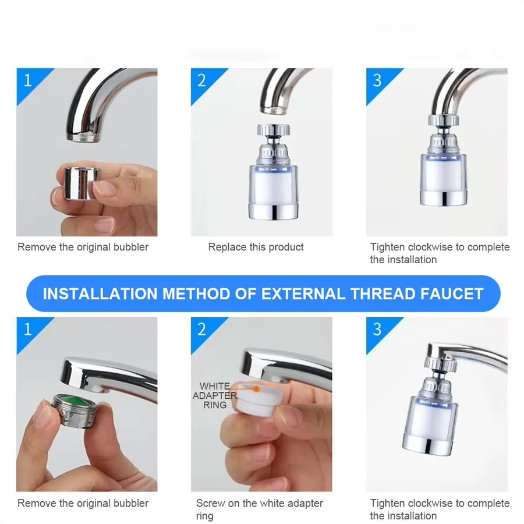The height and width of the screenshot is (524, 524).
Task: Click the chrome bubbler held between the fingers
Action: [81, 183]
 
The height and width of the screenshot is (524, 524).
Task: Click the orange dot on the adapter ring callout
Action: [256, 389]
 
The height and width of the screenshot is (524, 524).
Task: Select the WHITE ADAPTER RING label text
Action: [215, 396]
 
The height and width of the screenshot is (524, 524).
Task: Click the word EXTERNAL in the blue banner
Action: [303, 294]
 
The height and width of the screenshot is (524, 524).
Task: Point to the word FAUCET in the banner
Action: [452, 294]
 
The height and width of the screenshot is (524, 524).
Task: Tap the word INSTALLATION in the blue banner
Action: [100, 294]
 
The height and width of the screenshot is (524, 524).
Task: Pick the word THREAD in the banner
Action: [383, 294]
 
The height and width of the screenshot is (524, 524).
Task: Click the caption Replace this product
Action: [256, 247]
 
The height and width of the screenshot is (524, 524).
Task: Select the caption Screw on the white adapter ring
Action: [259, 509]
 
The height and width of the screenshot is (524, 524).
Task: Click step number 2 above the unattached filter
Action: [201, 80]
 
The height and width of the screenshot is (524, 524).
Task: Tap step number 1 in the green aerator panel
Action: [28, 330]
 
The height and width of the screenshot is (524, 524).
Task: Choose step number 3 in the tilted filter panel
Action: [377, 330]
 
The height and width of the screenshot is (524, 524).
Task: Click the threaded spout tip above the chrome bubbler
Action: [83, 137]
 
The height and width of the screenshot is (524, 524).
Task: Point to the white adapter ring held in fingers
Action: [257, 399]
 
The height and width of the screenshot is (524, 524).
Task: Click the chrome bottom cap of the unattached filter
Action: [274, 211]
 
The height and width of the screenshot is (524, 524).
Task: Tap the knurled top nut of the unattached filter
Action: [274, 130]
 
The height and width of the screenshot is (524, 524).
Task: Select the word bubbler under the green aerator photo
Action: [130, 503]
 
